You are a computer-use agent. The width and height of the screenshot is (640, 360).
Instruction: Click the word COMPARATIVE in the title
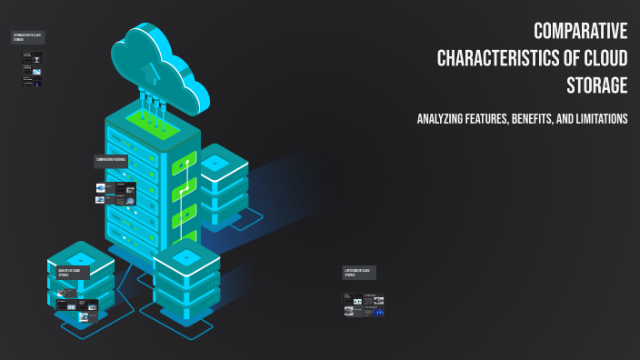coord(580,32)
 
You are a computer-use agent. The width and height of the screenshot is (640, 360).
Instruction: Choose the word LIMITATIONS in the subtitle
coord(600,119)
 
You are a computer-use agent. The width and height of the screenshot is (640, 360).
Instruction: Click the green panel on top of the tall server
coord(145,117)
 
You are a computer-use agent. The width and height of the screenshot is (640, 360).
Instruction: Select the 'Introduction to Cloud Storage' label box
coord(27,37)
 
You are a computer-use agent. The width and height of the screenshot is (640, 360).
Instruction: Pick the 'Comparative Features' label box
coord(111,161)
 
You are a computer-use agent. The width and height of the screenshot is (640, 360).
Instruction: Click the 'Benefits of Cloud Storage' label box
coord(71,272)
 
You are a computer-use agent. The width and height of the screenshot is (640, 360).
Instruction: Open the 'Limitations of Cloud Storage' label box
coord(359,272)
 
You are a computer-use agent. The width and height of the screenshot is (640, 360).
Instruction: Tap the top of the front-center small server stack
coord(186,257)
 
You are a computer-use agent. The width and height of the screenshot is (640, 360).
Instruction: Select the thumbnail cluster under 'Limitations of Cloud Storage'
coord(364,305)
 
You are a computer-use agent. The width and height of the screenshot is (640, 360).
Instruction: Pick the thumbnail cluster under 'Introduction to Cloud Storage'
coord(32,68)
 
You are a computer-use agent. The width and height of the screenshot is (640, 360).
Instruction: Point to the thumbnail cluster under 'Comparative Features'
coord(115,194)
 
